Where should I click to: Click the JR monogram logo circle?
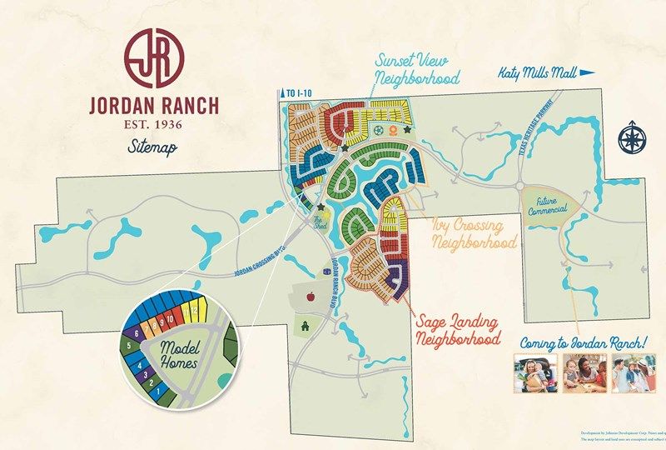[155, 58]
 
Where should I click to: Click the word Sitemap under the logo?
[154, 147]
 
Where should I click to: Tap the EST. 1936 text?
[155, 124]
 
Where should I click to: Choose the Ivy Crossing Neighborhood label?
[474, 234]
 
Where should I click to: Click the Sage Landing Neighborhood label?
[457, 331]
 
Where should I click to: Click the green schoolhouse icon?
[306, 325]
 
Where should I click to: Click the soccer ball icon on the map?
[379, 130]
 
